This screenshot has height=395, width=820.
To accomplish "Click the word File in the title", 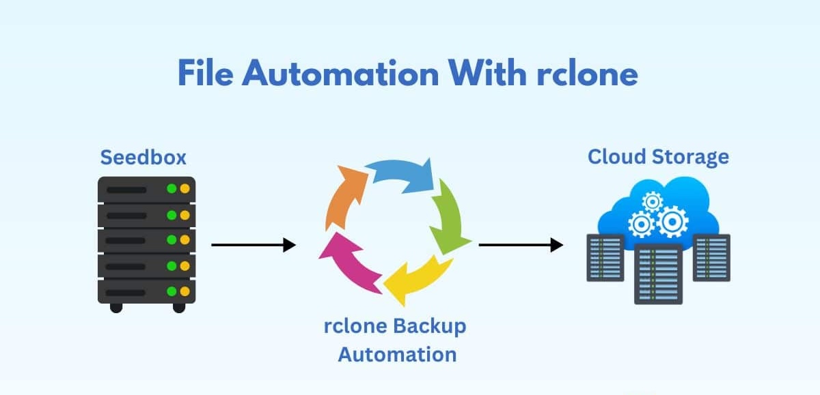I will point(206,73).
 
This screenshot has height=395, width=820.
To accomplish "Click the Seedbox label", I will point(143,158).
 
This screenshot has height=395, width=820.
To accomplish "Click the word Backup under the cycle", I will point(430,325).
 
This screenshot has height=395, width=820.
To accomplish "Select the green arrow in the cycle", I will point(451,215).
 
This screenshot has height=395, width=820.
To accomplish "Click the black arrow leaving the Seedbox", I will point(253,245).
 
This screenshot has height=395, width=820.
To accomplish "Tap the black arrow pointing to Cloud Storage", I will point(520,245).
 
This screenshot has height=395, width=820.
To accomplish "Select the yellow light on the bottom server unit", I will point(182,291).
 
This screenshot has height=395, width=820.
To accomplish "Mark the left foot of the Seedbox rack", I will point(116,307).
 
